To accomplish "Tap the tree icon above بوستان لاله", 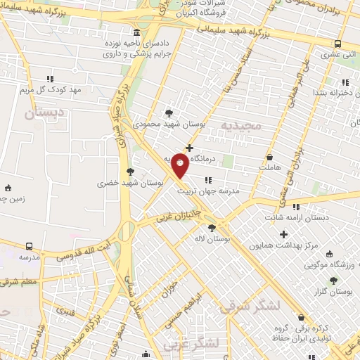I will (212, 227).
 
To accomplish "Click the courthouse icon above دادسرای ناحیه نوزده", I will (135, 34).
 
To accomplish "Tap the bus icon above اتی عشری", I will (338, 43).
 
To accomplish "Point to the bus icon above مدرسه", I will (29, 246).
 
